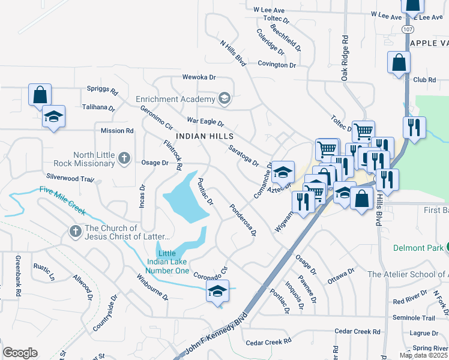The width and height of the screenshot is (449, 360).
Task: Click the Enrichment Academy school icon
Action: (x=224, y=98)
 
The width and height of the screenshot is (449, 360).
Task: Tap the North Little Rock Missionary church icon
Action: (x=124, y=158)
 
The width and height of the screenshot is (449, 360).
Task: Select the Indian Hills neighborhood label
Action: (x=205, y=136)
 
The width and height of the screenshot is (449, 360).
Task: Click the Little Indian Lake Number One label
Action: (x=169, y=262)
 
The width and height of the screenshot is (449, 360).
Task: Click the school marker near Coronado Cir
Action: (x=218, y=292)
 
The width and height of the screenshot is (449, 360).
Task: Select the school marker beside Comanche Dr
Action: (x=283, y=173)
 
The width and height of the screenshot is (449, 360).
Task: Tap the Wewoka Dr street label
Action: (x=199, y=78)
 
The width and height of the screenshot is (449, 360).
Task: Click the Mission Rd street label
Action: (x=117, y=130)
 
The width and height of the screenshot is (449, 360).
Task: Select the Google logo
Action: (x=20, y=353)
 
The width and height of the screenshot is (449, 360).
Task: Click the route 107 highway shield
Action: (x=408, y=29)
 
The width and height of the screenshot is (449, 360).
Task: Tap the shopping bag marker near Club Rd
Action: (x=399, y=63)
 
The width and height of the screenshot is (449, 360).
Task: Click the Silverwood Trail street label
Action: (x=70, y=178)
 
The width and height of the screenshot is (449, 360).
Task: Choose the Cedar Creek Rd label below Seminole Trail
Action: (x=358, y=331)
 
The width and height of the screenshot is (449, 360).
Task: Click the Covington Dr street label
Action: (x=277, y=65)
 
